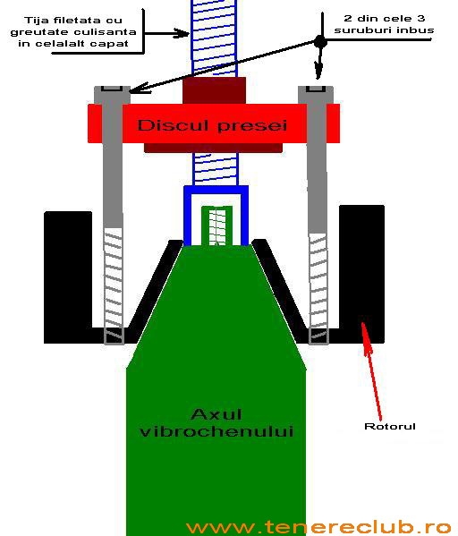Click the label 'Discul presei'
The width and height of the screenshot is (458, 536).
[x=212, y=125]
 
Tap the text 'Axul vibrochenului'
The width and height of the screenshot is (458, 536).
[x=216, y=422]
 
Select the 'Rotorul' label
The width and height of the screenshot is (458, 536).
[x=390, y=426]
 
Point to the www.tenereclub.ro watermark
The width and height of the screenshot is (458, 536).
[x=318, y=527]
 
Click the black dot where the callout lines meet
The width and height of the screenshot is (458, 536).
[x=320, y=42]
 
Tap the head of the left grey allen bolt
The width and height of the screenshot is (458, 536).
[x=112, y=95]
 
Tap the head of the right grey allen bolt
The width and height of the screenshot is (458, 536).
[x=316, y=95]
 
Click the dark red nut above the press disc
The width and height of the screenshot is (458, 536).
[x=215, y=90]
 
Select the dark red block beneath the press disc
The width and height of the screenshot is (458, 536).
[x=214, y=148]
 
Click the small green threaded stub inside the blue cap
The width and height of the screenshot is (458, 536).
[x=217, y=225]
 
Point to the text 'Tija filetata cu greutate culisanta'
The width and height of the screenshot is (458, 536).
[x=73, y=26]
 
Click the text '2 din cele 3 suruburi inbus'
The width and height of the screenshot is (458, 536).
[x=384, y=24]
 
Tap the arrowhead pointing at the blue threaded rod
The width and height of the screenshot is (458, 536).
[x=182, y=33]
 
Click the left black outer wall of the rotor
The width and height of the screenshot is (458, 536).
[x=68, y=277]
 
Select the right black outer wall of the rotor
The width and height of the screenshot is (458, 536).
[x=361, y=274]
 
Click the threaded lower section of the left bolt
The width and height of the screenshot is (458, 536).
[x=114, y=285]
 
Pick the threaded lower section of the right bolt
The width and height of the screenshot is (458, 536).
[x=318, y=289]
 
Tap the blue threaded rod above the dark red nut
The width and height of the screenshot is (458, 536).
[x=214, y=38]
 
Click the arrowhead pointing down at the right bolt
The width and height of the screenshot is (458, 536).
[x=318, y=72]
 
